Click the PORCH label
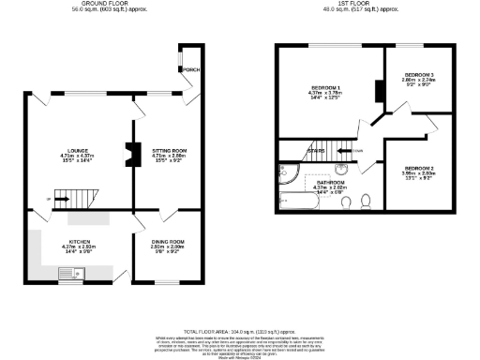[x=191, y=69]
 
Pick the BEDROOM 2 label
[x=419, y=167]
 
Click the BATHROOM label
[x=334, y=182]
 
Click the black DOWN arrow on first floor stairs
[x=348, y=148]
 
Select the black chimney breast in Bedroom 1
[x=378, y=91]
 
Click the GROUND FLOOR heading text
[x=105, y=4]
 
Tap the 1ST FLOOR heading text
[x=353, y=4]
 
